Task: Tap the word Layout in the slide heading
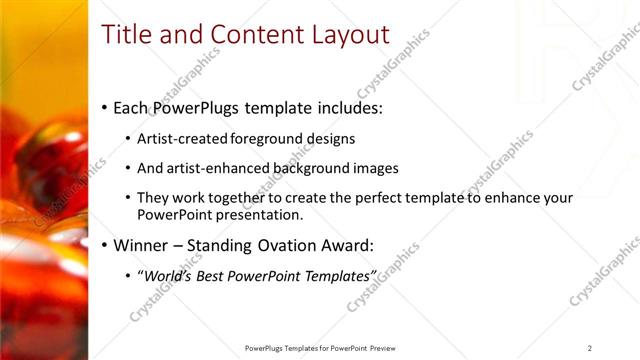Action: [349, 35]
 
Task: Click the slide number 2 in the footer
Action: [589, 348]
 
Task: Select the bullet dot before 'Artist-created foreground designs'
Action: [129, 139]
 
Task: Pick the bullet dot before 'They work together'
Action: [129, 199]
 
